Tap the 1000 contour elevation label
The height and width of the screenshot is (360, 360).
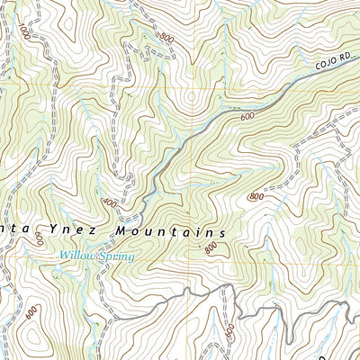pos(22,35)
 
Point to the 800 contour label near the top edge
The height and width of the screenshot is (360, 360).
pos(166,38)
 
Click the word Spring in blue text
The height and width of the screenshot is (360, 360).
pos(116,257)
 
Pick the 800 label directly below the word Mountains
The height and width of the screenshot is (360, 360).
pos(211,248)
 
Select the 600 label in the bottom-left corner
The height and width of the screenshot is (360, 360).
pos(32,312)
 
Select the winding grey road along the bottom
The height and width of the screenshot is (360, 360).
pos(270,310)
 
